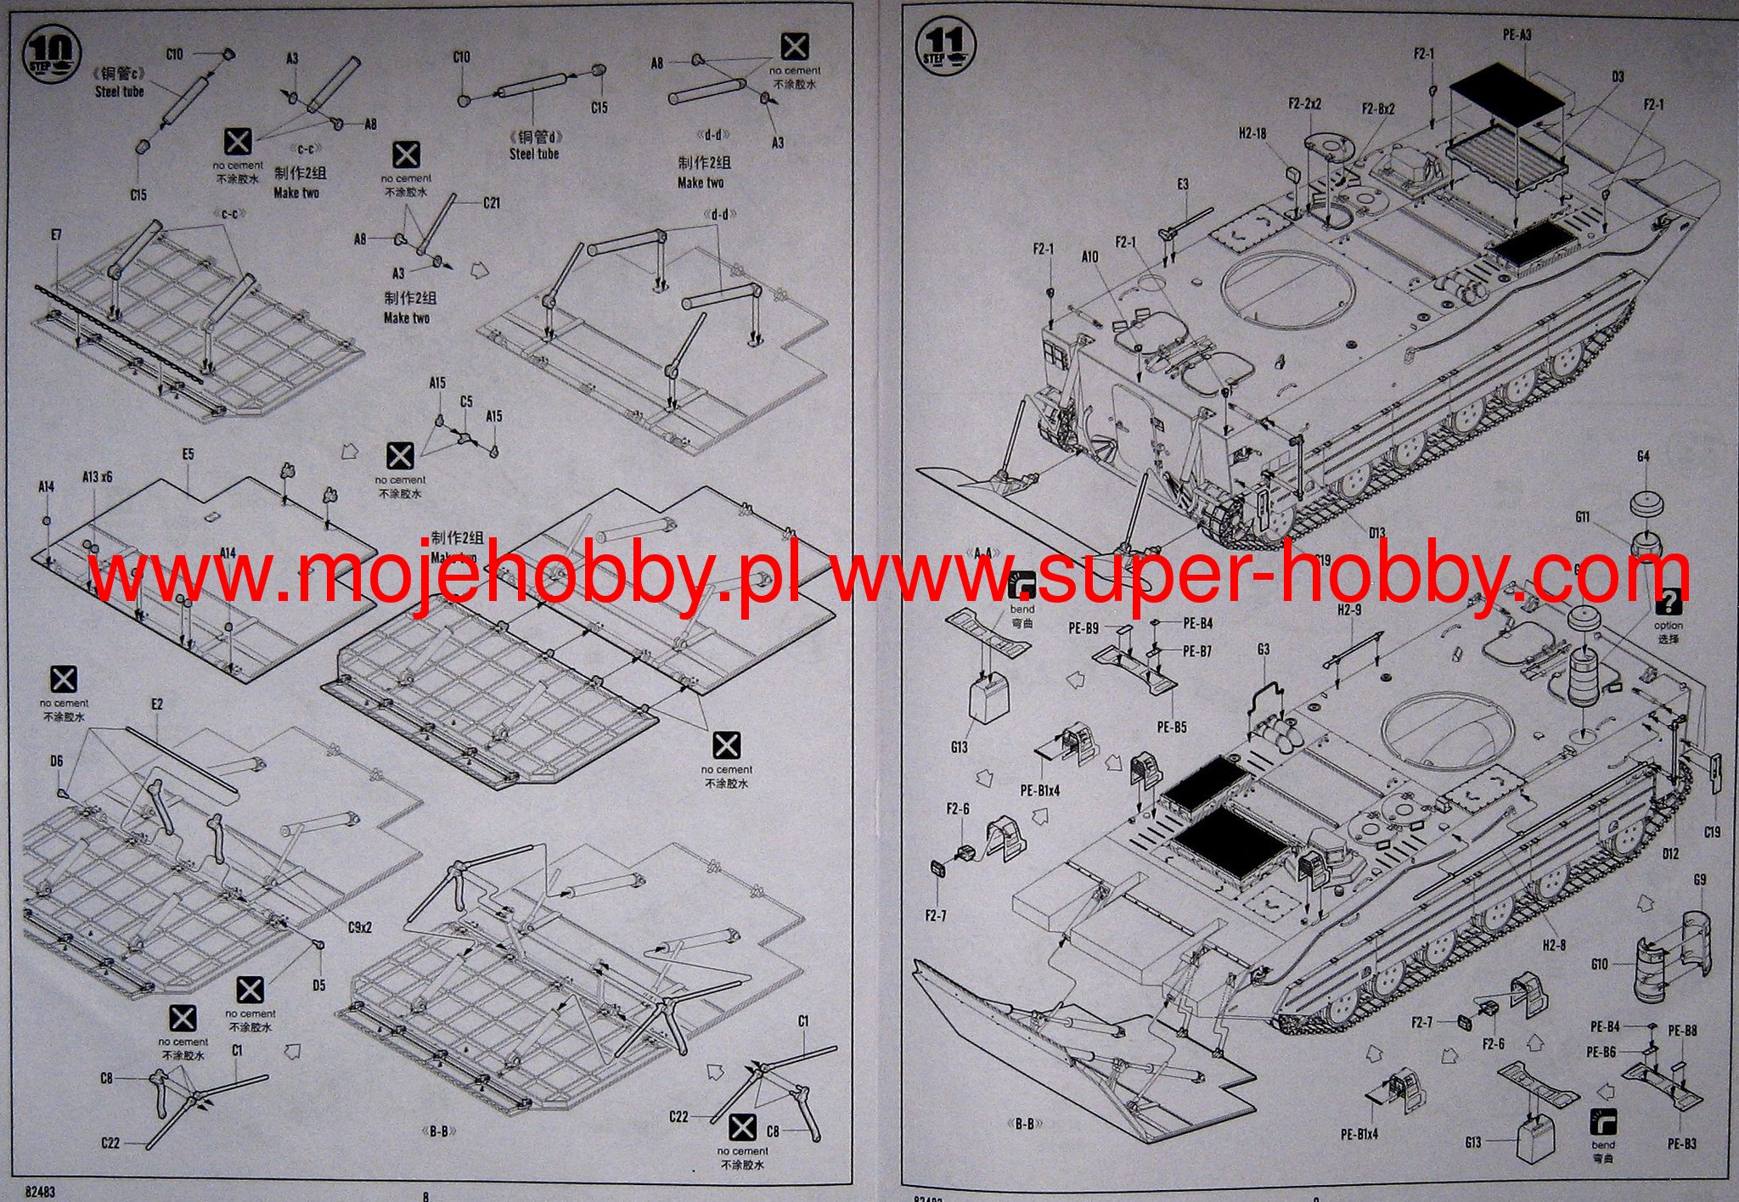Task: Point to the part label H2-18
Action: pyautogui.click(x=1252, y=132)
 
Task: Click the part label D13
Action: pyautogui.click(x=1376, y=533)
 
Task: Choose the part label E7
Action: pyautogui.click(x=56, y=234)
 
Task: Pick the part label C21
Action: pyautogui.click(x=491, y=203)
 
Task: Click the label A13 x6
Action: pyautogui.click(x=98, y=477)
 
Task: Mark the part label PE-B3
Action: pyautogui.click(x=1681, y=1144)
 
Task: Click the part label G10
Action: pyautogui.click(x=1599, y=964)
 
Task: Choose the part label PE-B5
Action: pyautogui.click(x=1171, y=727)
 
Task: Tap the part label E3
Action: pyautogui.click(x=1183, y=184)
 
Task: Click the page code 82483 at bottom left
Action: pyautogui.click(x=40, y=1192)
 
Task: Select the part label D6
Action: pyautogui.click(x=56, y=761)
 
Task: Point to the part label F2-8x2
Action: pyautogui.click(x=1378, y=110)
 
